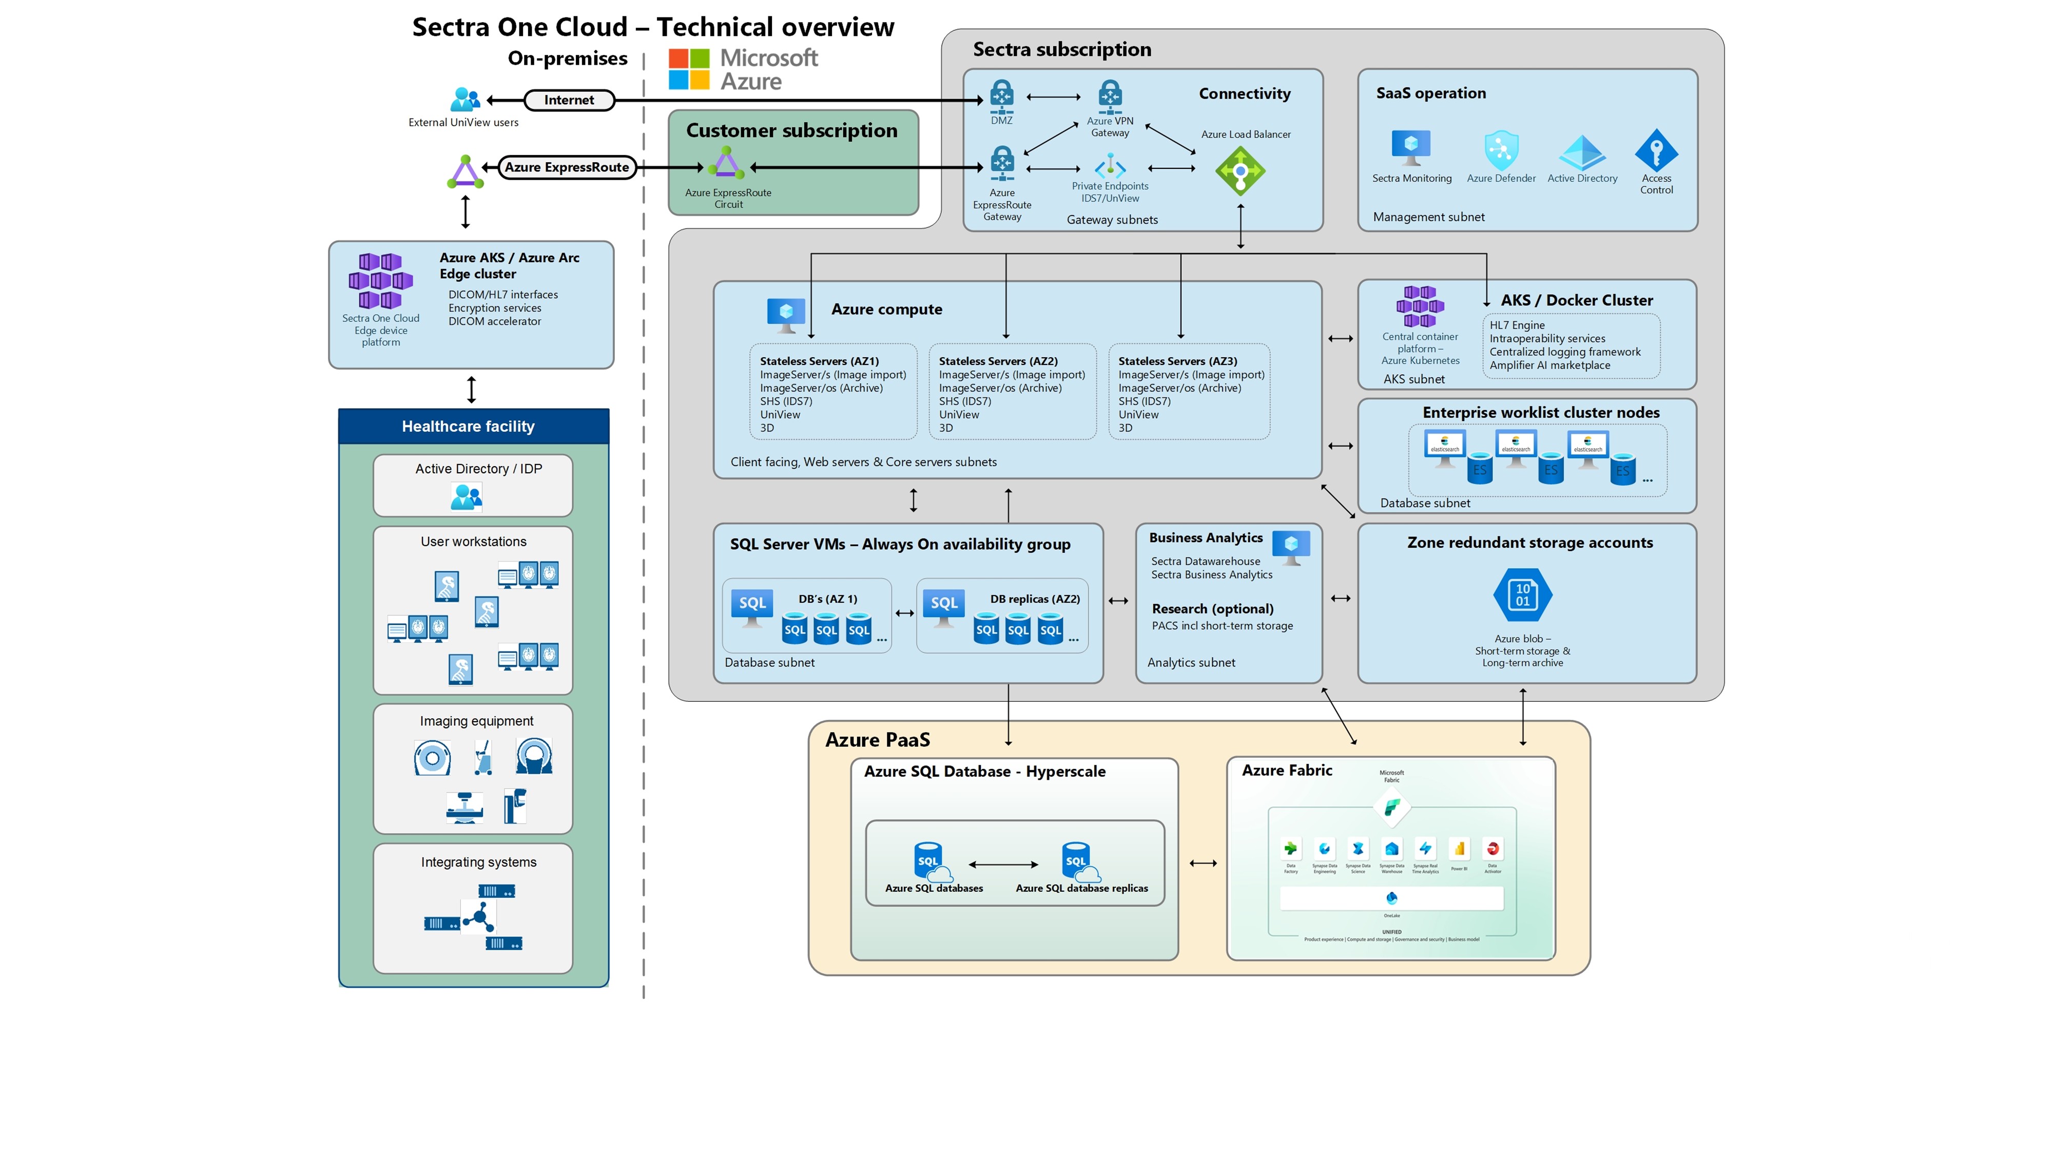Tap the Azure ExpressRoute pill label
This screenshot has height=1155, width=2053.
[567, 167]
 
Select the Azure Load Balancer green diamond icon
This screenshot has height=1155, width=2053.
[1240, 170]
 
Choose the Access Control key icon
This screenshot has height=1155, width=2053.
[1656, 150]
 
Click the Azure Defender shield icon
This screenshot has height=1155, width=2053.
[1501, 150]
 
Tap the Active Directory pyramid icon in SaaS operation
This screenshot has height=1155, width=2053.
[1582, 151]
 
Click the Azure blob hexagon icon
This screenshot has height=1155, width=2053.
[1522, 594]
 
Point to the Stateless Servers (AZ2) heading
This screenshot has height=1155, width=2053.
[998, 361]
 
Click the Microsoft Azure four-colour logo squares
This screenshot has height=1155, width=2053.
[689, 69]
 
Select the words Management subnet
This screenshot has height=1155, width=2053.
[1428, 217]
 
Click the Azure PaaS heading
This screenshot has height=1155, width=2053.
[878, 740]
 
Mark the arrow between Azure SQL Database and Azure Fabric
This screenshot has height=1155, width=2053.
[1203, 863]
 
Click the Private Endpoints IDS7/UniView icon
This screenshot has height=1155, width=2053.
[1109, 167]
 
